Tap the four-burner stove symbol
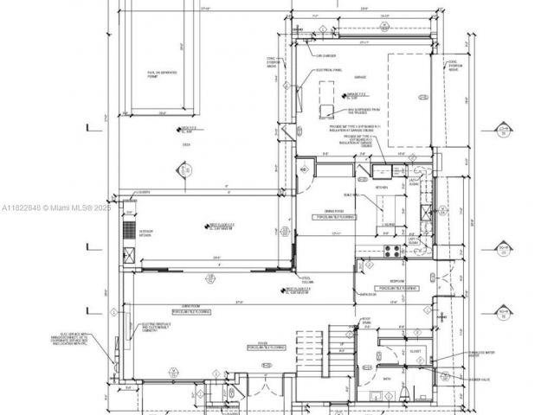tap(391, 251)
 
